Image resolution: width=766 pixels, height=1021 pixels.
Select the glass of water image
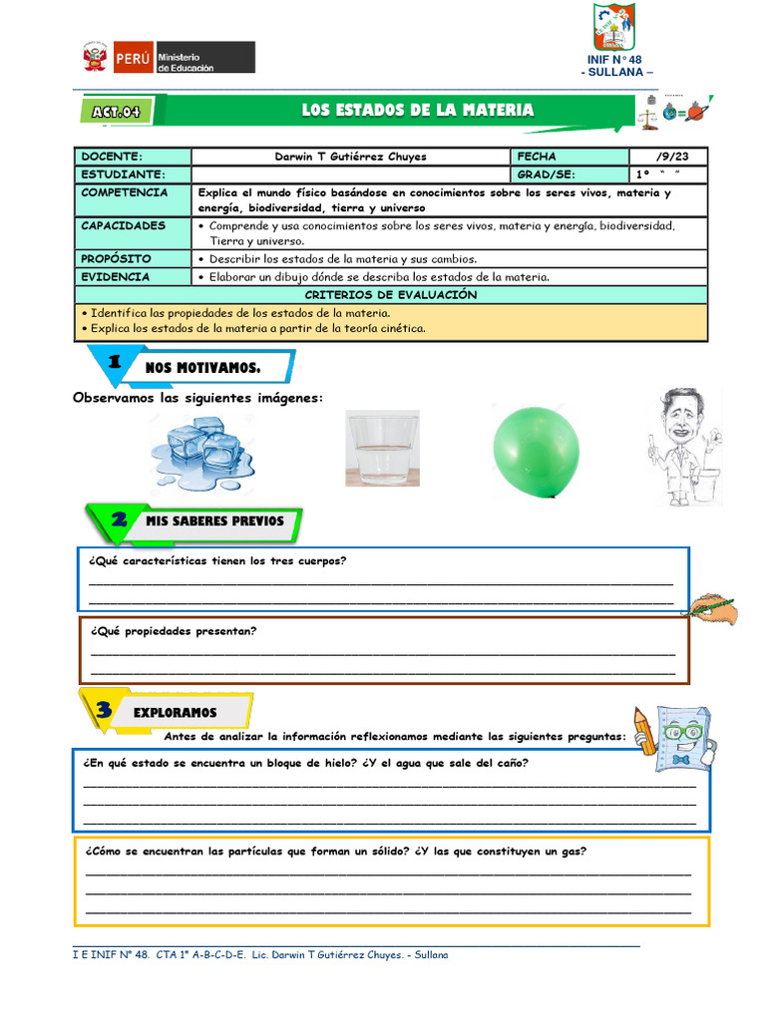pyautogui.click(x=382, y=449)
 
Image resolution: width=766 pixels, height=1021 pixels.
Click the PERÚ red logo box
pyautogui.click(x=133, y=57)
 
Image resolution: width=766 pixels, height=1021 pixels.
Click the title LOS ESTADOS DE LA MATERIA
pyautogui.click(x=418, y=111)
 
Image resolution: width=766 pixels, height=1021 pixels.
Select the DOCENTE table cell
pyautogui.click(x=133, y=157)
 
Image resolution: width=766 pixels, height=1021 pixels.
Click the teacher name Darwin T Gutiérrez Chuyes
pyautogui.click(x=349, y=157)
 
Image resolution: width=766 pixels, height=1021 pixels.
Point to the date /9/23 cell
pyautogui.click(x=667, y=157)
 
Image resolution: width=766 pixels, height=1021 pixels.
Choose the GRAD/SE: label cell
pyautogui.click(x=570, y=174)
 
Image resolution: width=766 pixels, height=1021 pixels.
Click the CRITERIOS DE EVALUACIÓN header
pyautogui.click(x=391, y=295)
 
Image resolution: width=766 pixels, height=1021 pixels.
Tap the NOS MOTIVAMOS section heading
pyautogui.click(x=202, y=368)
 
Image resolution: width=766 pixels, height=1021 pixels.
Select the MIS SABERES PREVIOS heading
pyautogui.click(x=214, y=521)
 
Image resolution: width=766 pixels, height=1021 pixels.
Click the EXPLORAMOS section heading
pyautogui.click(x=175, y=713)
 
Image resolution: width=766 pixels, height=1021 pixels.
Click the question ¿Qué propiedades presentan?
pyautogui.click(x=173, y=631)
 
